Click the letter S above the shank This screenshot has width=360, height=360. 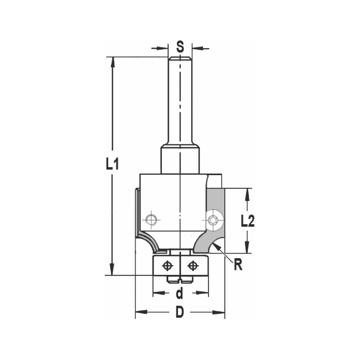[180, 46]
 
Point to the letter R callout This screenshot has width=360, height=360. [238, 265]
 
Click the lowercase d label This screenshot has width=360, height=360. [180, 294]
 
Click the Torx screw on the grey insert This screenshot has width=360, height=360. [215, 219]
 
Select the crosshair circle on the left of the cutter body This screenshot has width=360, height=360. [150, 219]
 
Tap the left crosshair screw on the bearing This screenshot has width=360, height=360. [167, 266]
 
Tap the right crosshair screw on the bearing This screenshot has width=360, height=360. [193, 266]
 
